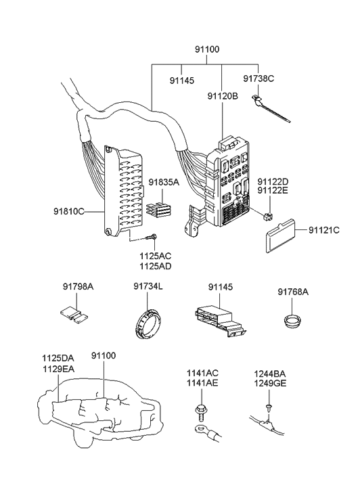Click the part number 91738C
point(258,79)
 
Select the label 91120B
point(223,96)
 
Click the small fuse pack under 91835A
point(159,209)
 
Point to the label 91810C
point(69,211)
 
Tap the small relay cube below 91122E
point(268,217)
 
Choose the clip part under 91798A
point(74,315)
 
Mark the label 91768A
point(293,292)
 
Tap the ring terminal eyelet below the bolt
point(200,428)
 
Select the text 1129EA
point(58,370)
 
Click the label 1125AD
point(156,267)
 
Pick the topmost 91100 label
point(207,49)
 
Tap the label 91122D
point(273,181)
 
